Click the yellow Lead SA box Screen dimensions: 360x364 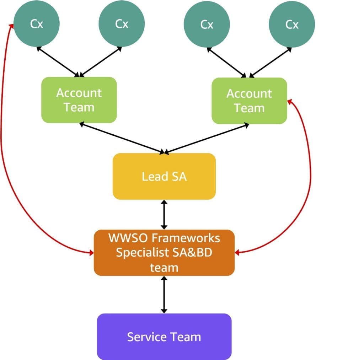(x=164, y=176)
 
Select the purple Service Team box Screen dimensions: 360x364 (x=164, y=337)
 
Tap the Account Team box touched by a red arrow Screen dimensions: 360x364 (x=249, y=101)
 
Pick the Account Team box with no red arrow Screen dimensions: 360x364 (x=79, y=100)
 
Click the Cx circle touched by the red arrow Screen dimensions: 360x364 (x=36, y=25)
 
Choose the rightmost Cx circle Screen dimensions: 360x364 (x=291, y=25)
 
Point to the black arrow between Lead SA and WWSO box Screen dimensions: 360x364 (x=164, y=214)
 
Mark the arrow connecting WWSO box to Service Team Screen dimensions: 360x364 (x=164, y=294)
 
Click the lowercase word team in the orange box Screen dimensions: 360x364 (x=164, y=267)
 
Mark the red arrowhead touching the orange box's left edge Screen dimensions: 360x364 (x=91, y=253)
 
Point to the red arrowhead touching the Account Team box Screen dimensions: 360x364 (x=289, y=102)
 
